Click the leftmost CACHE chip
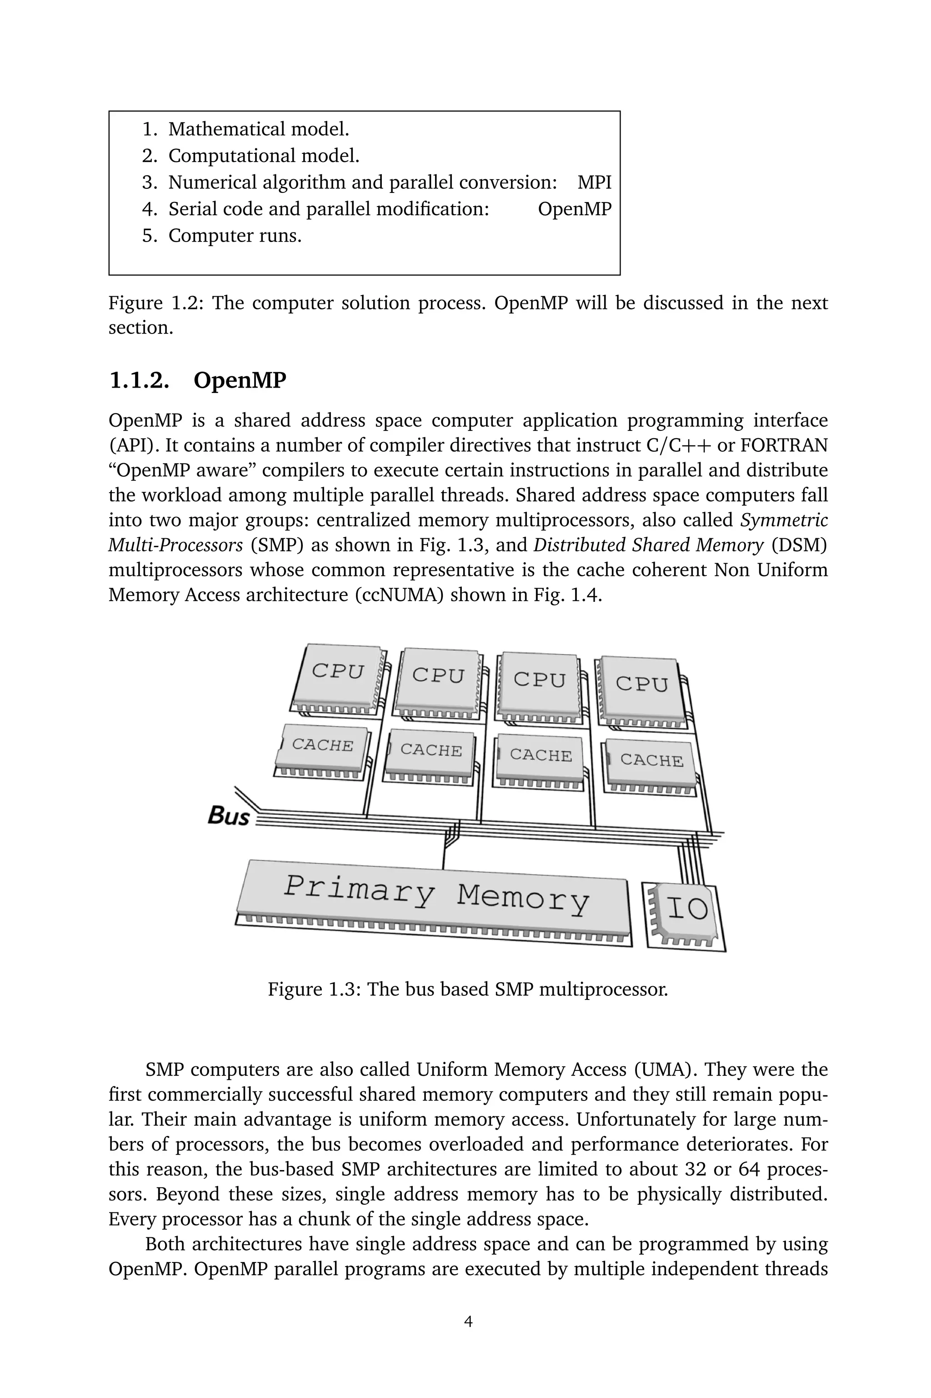[x=322, y=750]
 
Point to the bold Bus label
[x=229, y=816]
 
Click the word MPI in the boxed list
[x=594, y=182]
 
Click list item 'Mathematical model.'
[x=258, y=129]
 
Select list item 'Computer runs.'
[x=235, y=236]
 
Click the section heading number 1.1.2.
[x=139, y=381]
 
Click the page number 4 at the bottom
[x=468, y=1322]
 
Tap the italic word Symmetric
[x=784, y=520]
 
